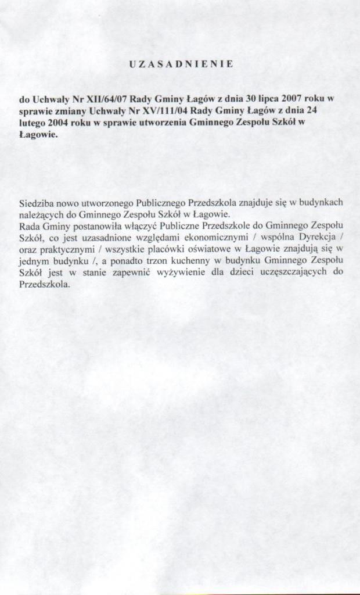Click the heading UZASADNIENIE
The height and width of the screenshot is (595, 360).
(181, 64)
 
